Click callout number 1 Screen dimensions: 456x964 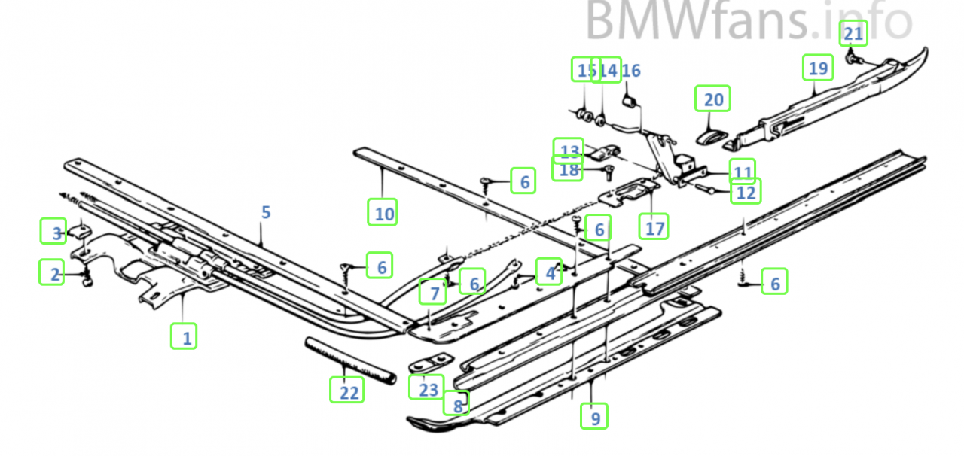pos(184,335)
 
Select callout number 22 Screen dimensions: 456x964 pos(346,390)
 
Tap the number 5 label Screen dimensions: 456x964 pos(265,213)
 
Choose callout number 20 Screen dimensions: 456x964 pos(712,99)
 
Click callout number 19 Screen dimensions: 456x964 pos(818,68)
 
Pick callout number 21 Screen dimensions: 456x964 pos(853,33)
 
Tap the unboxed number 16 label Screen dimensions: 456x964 pos(631,71)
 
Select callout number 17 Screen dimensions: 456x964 pos(654,226)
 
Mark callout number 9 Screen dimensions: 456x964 pos(594,416)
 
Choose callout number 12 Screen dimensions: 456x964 pos(746,192)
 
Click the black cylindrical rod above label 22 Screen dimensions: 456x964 pos(350,360)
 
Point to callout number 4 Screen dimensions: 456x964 pos(550,272)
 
